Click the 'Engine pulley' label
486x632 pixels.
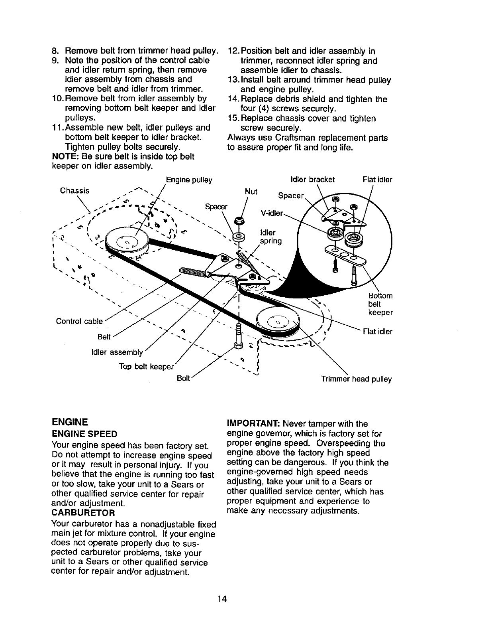(x=189, y=180)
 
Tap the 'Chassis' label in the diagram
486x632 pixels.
(x=74, y=190)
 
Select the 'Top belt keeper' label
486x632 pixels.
(x=147, y=366)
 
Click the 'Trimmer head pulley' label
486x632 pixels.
(x=357, y=379)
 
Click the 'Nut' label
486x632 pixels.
(x=251, y=192)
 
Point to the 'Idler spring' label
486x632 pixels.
(x=270, y=237)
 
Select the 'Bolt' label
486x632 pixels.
(x=184, y=377)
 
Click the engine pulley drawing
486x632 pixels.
(x=127, y=243)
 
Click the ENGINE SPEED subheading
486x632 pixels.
(x=84, y=434)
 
